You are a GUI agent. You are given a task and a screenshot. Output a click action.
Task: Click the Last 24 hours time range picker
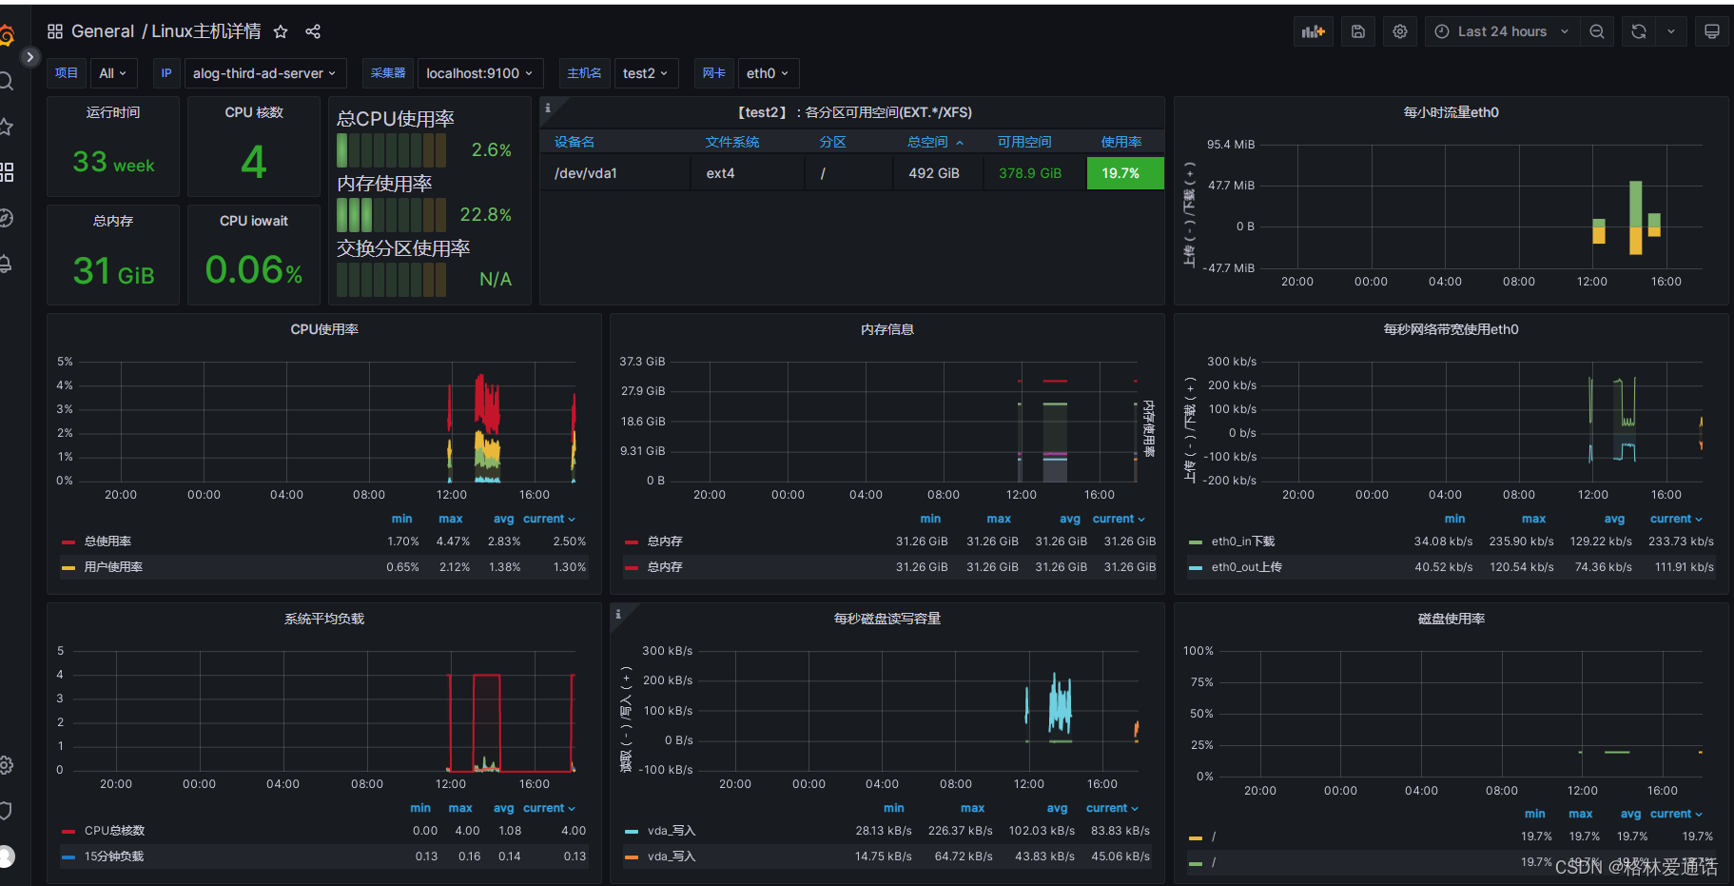point(1501,31)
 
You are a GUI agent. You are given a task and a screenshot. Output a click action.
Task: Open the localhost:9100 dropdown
point(479,73)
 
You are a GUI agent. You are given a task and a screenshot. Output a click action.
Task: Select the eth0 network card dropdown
point(767,73)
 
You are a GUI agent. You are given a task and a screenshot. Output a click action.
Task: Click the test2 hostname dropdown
point(645,73)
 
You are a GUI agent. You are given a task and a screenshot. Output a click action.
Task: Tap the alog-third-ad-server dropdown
point(263,73)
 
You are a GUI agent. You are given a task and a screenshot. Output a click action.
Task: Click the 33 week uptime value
point(113,163)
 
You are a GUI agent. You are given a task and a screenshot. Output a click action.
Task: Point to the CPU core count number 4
point(253,162)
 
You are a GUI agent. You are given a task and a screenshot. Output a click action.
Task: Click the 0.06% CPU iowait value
point(254,271)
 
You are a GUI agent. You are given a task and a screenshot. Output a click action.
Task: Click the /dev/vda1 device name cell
point(586,173)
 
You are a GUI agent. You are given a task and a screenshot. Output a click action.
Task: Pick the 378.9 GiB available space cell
point(1029,173)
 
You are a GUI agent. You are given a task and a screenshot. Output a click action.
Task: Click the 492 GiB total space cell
point(933,173)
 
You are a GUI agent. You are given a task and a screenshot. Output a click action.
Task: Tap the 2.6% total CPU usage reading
point(491,150)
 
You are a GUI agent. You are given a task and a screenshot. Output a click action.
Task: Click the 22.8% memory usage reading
point(485,215)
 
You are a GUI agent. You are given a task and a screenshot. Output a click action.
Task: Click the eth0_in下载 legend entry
point(1242,541)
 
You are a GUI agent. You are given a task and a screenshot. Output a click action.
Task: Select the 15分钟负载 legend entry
point(113,856)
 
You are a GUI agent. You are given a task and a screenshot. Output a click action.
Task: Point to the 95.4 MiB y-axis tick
point(1231,145)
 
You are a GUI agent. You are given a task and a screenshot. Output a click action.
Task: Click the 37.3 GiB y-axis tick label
point(642,362)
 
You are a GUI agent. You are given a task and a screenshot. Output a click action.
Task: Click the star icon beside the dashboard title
point(281,31)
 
